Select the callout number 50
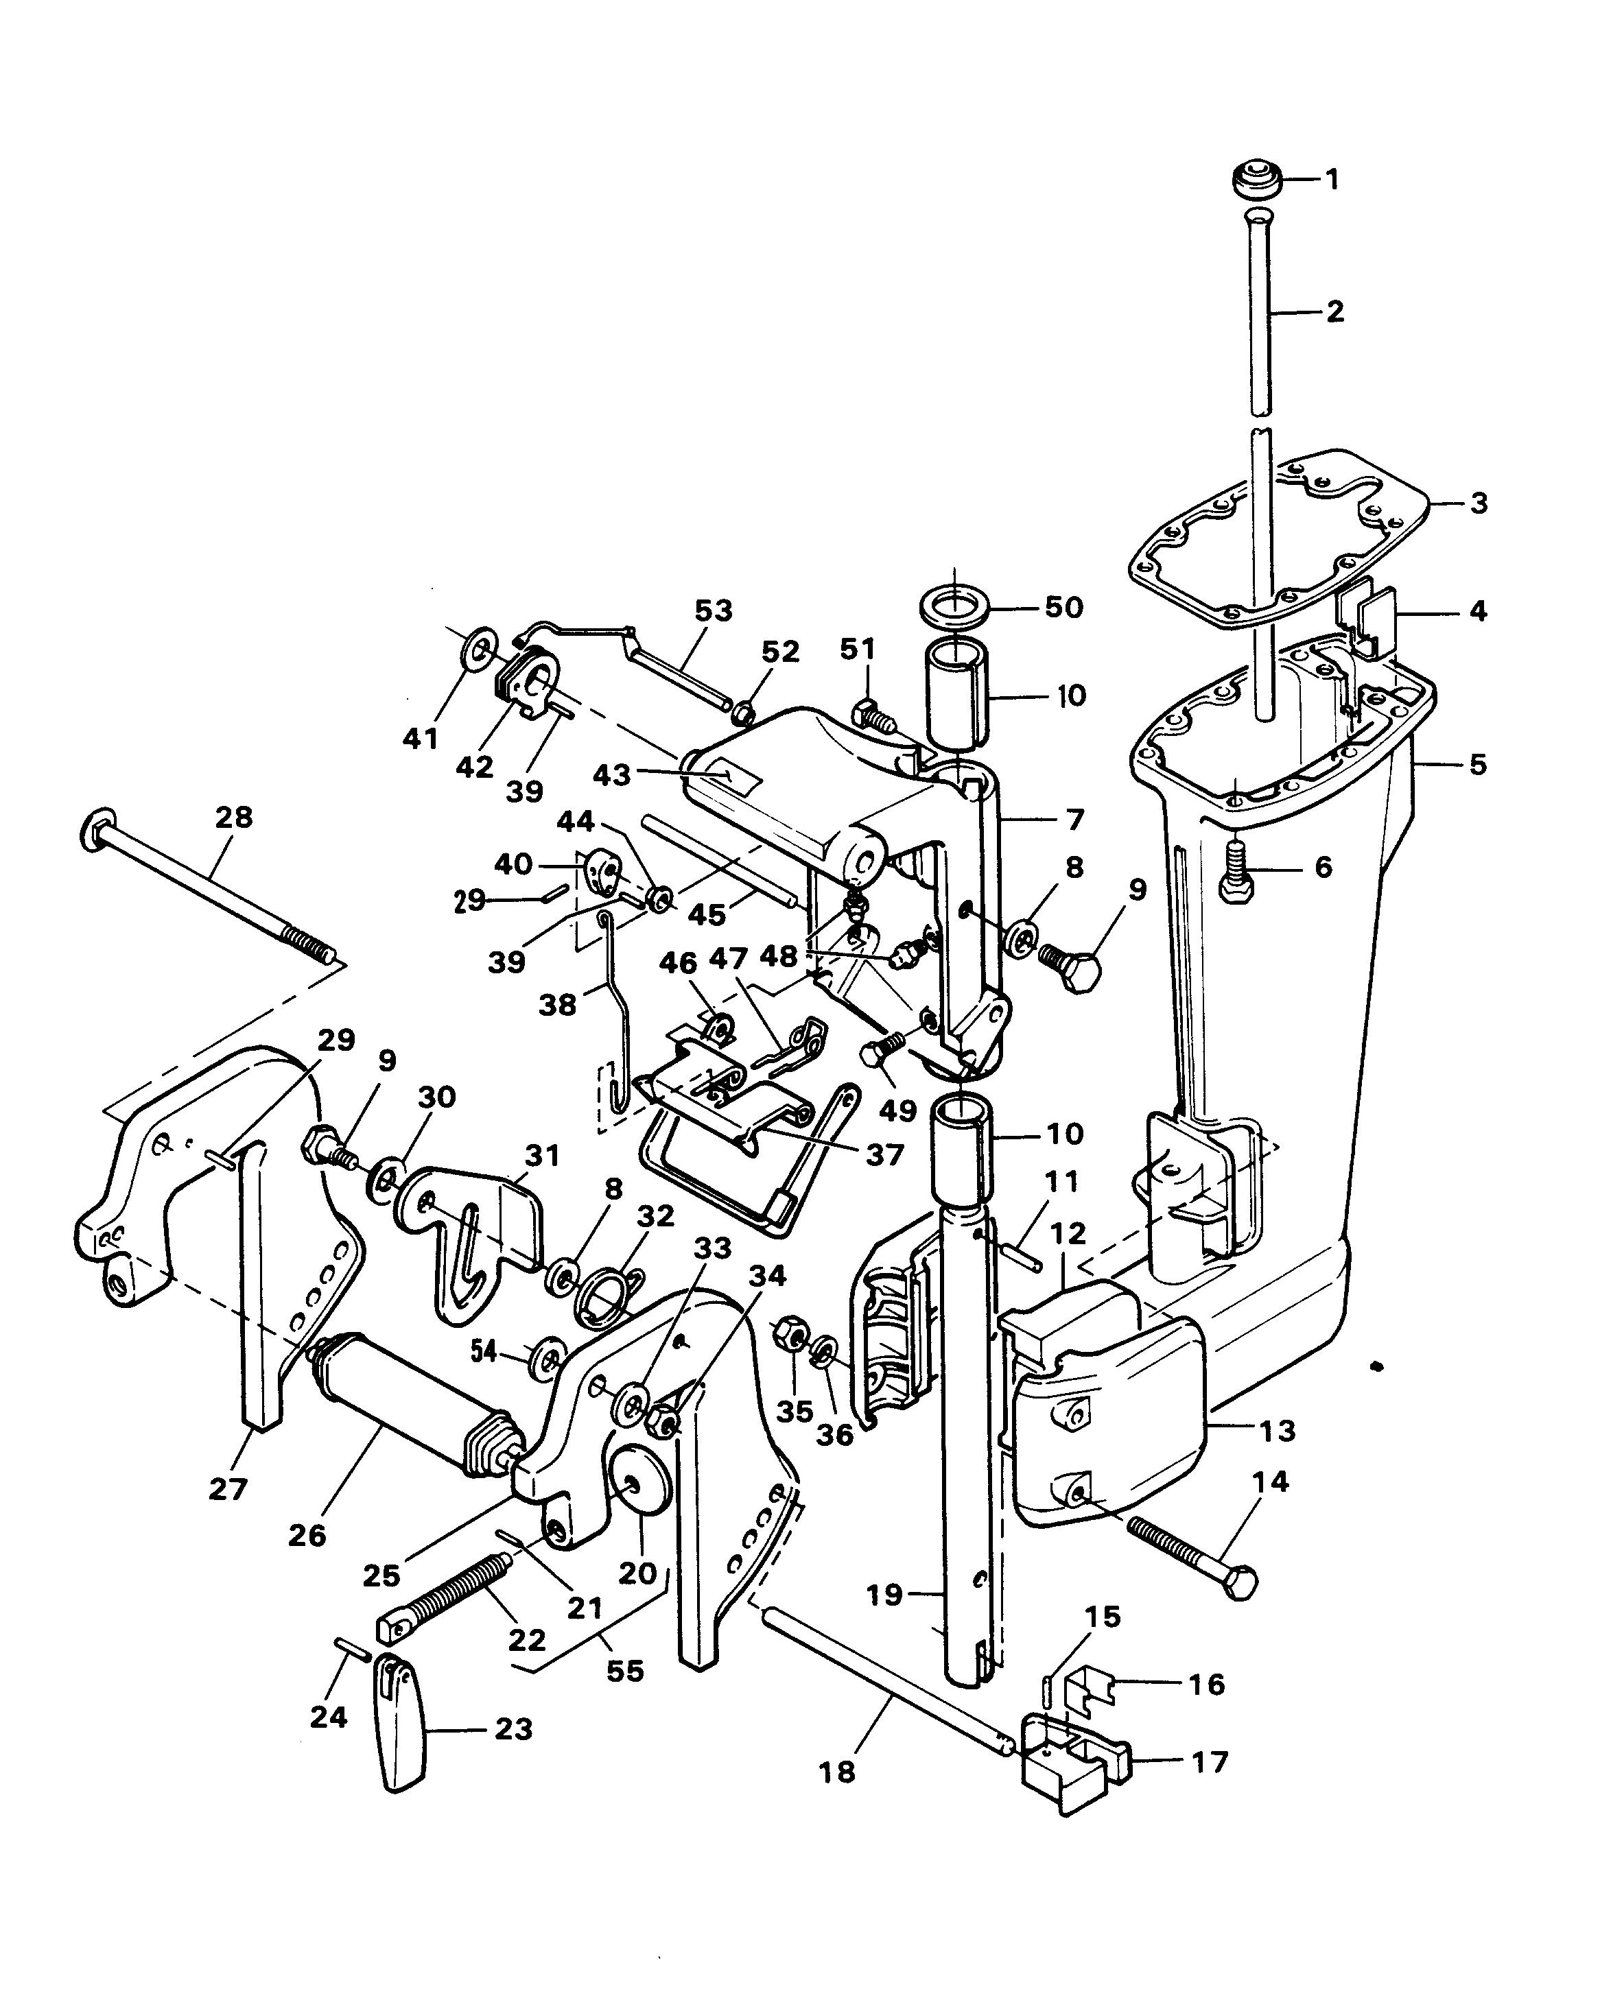1063,607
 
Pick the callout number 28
233,818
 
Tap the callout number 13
1278,1430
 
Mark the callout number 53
713,610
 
